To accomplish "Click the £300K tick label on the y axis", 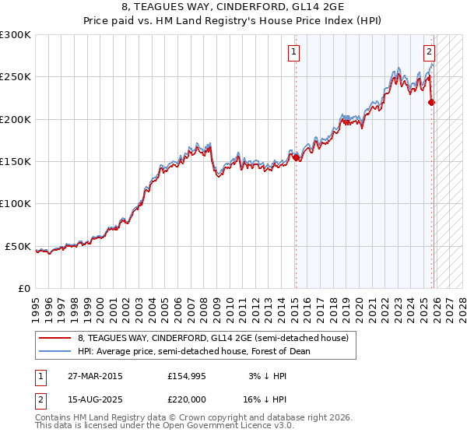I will click(x=16, y=35).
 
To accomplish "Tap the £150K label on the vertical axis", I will click(x=16, y=162).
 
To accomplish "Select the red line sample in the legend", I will click(x=55, y=338).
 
